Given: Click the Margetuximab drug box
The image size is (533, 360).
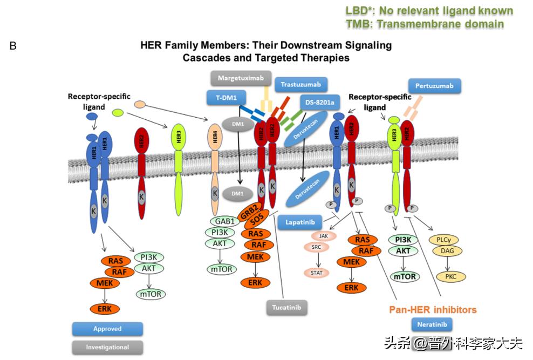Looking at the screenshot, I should [241, 78].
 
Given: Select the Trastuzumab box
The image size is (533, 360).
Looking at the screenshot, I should [300, 85].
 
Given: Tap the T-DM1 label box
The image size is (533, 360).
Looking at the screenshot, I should [226, 98].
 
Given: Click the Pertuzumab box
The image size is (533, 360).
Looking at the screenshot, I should [434, 86].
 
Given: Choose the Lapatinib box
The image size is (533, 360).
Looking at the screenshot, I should [300, 222].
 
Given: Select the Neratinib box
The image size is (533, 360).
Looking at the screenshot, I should [432, 324].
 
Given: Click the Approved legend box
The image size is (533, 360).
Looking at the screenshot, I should [107, 329].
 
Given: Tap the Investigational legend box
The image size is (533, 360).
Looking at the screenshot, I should [107, 348].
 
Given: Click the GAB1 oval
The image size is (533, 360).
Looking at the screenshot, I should [223, 221].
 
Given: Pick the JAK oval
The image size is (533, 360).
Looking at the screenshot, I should [324, 236].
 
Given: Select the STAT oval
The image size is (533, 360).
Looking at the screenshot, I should [317, 273].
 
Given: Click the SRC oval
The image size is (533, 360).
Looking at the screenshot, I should [317, 247].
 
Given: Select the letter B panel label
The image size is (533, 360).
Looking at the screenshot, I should [13, 46].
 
